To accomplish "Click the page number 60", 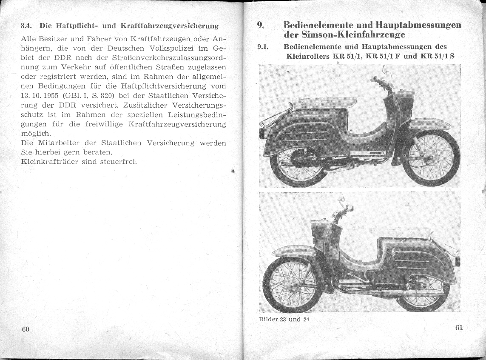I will click(25, 330).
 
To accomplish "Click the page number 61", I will click(458, 328).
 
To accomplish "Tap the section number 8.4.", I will click(27, 26).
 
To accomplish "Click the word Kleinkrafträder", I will click(50, 161).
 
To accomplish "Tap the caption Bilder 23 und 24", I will click(284, 320).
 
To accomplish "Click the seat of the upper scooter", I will click(324, 103).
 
